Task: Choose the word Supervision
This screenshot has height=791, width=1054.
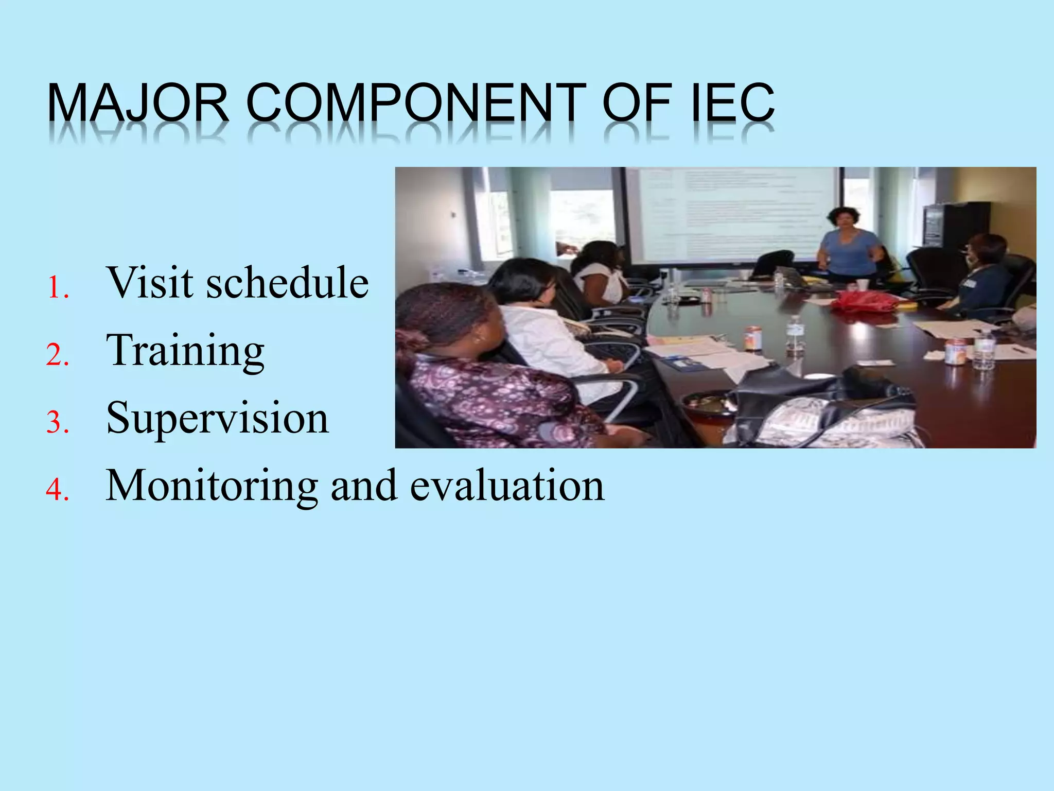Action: click(x=217, y=418)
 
